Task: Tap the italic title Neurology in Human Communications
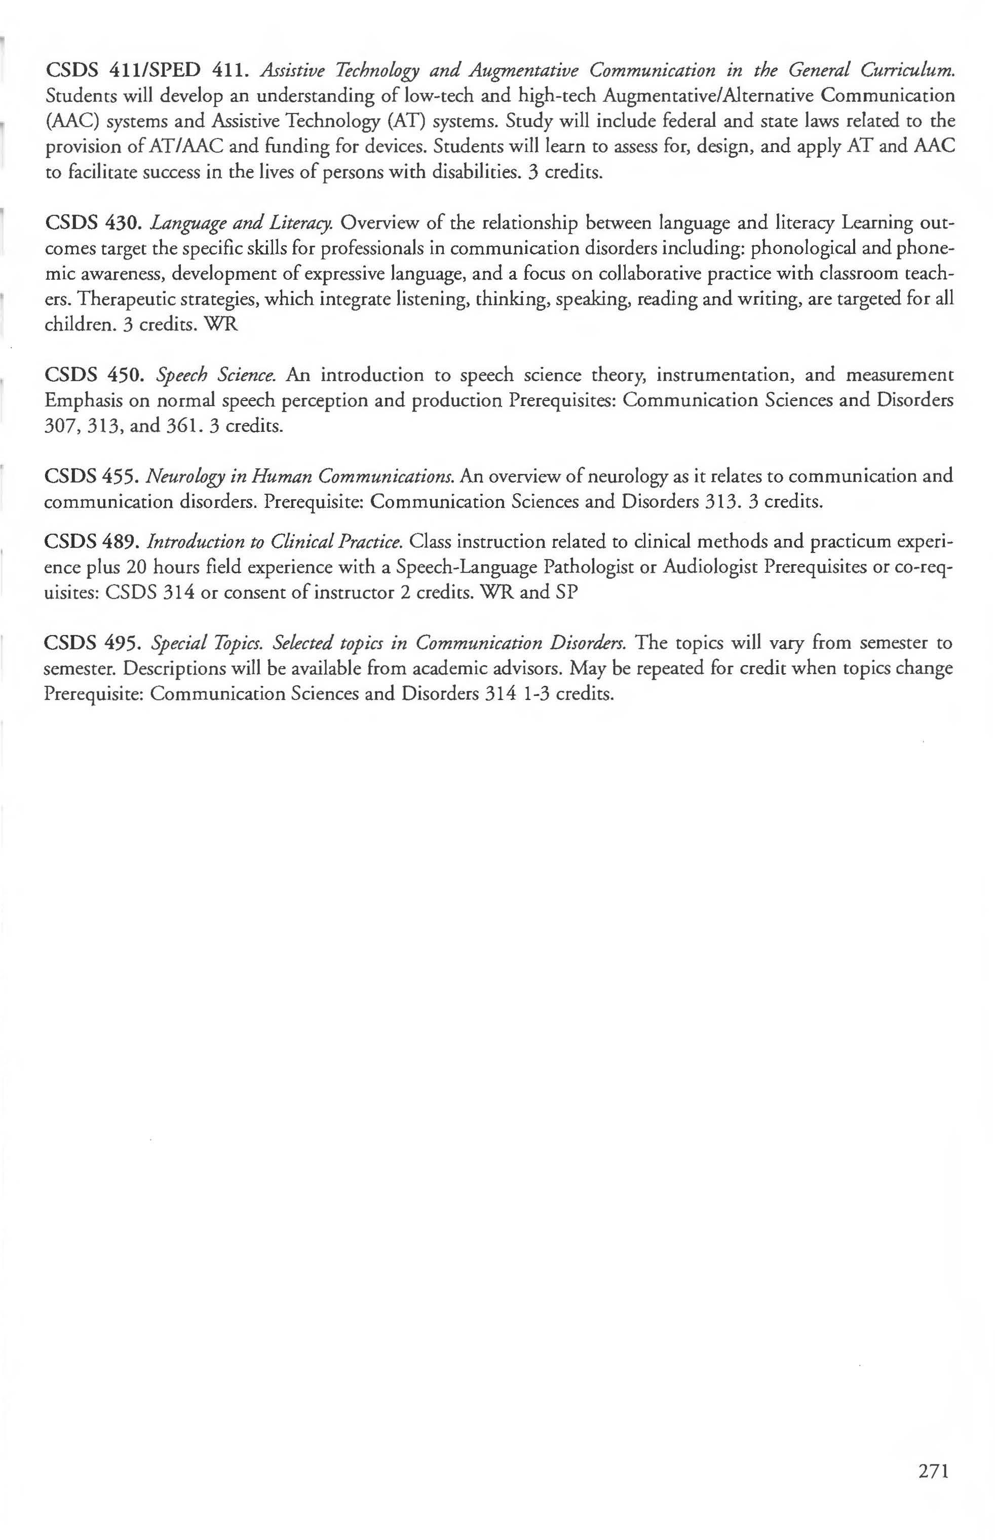[x=300, y=477]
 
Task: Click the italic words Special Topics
[x=207, y=644]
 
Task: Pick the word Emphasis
[x=83, y=401]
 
